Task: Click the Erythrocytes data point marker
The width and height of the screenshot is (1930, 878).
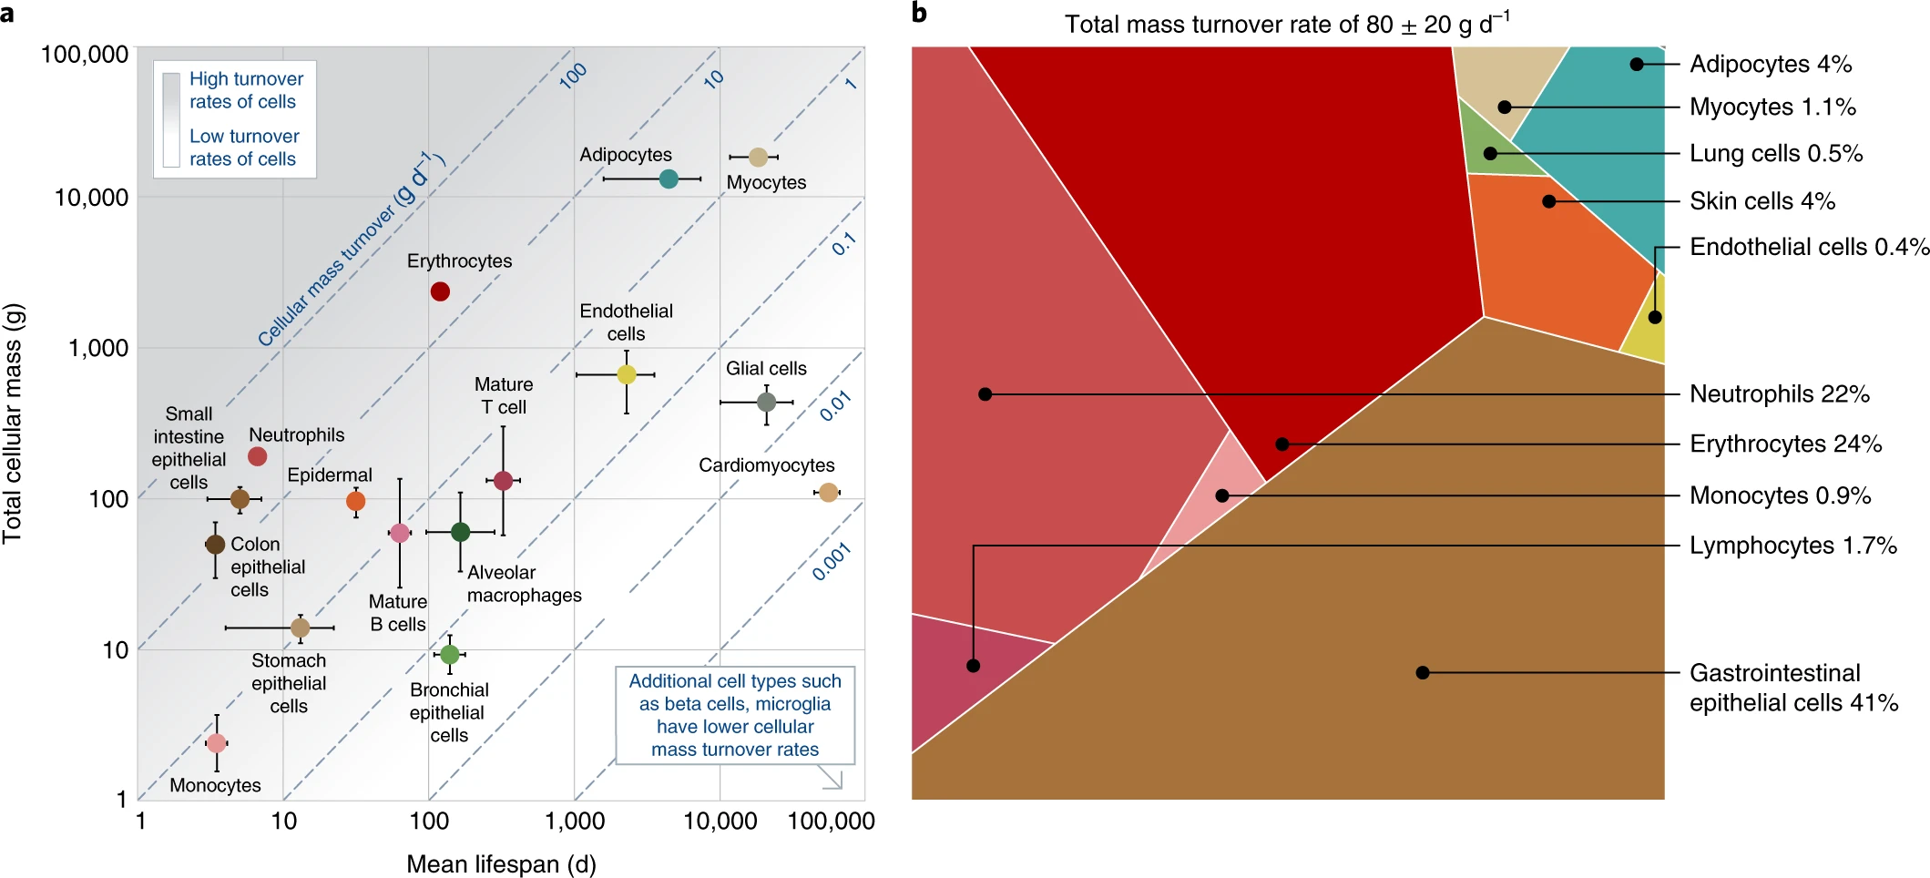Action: coord(440,291)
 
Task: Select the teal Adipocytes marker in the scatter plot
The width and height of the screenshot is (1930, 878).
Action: coord(669,179)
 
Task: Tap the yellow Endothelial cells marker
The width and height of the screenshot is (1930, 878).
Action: coord(627,374)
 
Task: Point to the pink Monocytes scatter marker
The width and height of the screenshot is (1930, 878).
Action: coord(216,743)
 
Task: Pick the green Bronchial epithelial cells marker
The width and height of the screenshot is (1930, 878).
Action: coord(449,654)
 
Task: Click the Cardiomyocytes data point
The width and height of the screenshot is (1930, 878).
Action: coord(828,493)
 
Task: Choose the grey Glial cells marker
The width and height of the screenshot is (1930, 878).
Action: coord(767,402)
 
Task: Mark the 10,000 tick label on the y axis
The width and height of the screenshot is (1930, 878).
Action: coord(91,198)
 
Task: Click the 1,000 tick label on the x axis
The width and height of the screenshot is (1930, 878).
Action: coord(575,822)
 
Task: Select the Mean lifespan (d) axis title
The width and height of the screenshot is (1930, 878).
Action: coord(501,863)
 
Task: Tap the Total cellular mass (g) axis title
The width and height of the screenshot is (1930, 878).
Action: coord(13,424)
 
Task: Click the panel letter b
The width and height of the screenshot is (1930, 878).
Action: coord(920,13)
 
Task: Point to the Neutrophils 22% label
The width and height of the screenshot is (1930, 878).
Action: coord(1779,394)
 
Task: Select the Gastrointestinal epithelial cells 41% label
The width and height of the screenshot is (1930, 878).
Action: coord(1792,688)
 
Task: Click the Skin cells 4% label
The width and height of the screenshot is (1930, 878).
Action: coord(1762,201)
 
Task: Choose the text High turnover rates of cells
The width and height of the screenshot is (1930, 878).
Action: coord(246,90)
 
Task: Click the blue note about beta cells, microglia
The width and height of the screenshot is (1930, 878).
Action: coord(735,715)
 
